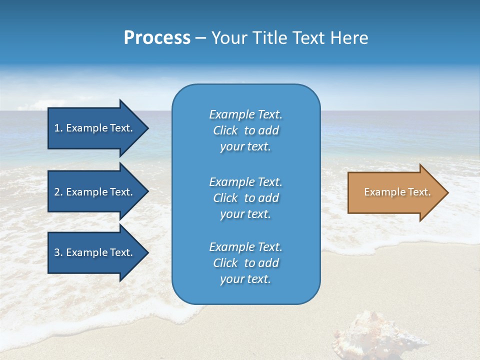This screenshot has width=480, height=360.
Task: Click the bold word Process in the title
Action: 157,38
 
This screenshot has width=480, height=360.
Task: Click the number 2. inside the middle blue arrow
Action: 58,192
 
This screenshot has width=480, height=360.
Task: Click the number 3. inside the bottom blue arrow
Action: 58,252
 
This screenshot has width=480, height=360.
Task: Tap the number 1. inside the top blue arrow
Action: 58,128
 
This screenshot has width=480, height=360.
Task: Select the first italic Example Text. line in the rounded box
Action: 245,114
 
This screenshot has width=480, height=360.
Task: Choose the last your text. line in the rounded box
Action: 245,279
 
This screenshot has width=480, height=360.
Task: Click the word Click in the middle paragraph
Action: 225,198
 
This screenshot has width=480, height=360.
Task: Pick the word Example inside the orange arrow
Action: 378,192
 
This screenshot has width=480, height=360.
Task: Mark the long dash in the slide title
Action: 200,38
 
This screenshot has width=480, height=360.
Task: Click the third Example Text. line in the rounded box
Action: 245,247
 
